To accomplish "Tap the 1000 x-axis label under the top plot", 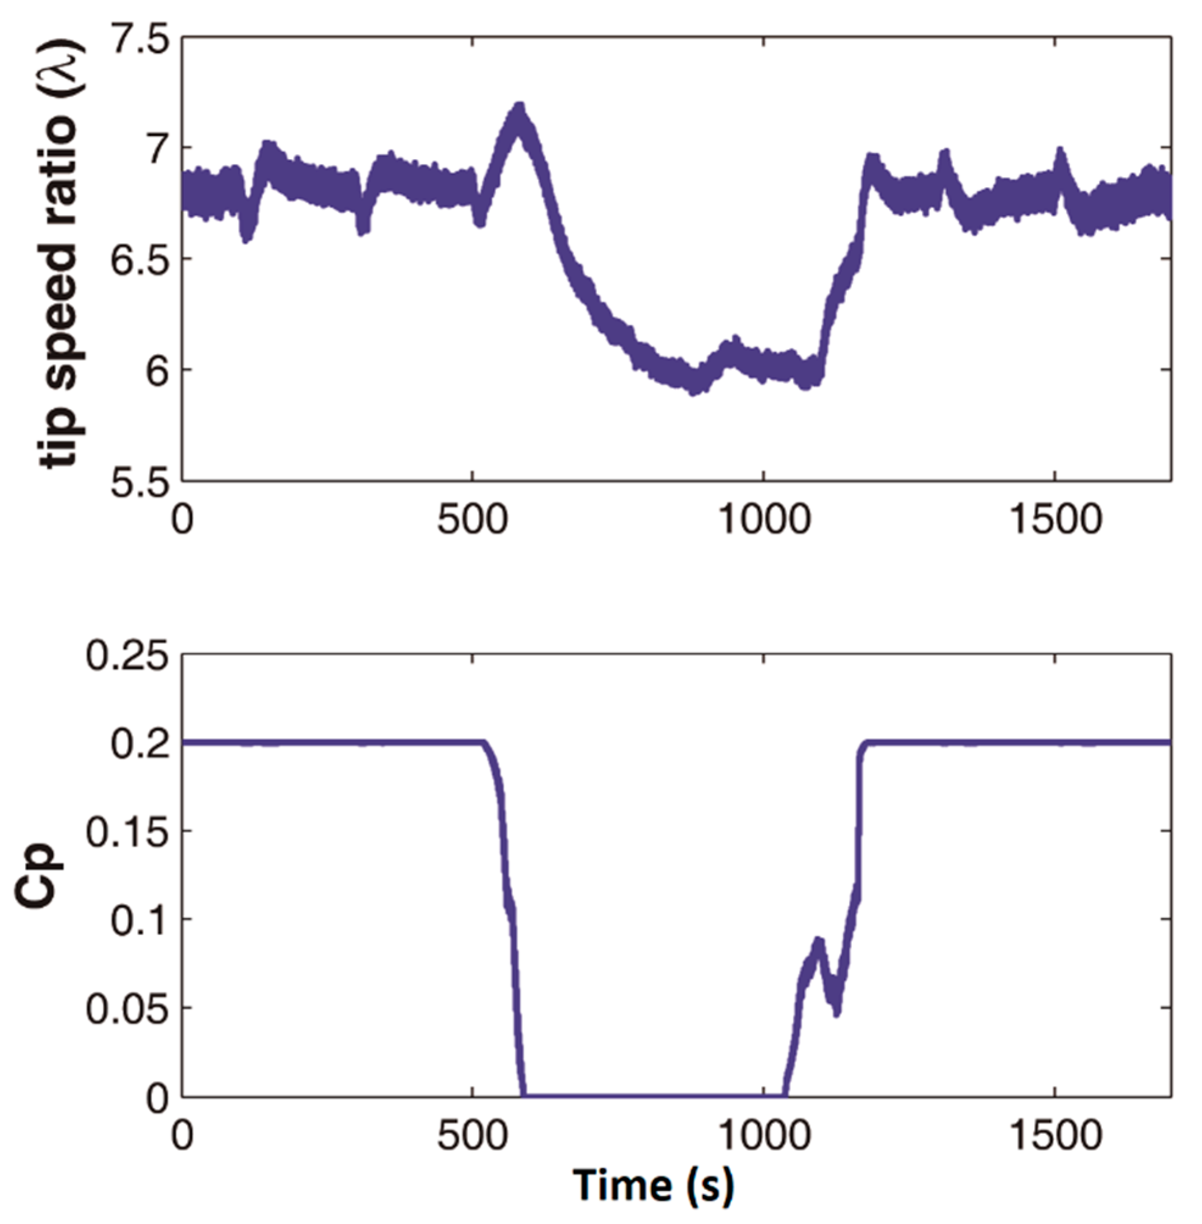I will [763, 522].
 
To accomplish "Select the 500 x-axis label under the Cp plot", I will [472, 1137].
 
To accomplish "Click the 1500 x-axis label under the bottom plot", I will [1055, 1137].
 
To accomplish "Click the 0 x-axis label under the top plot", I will [182, 522].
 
